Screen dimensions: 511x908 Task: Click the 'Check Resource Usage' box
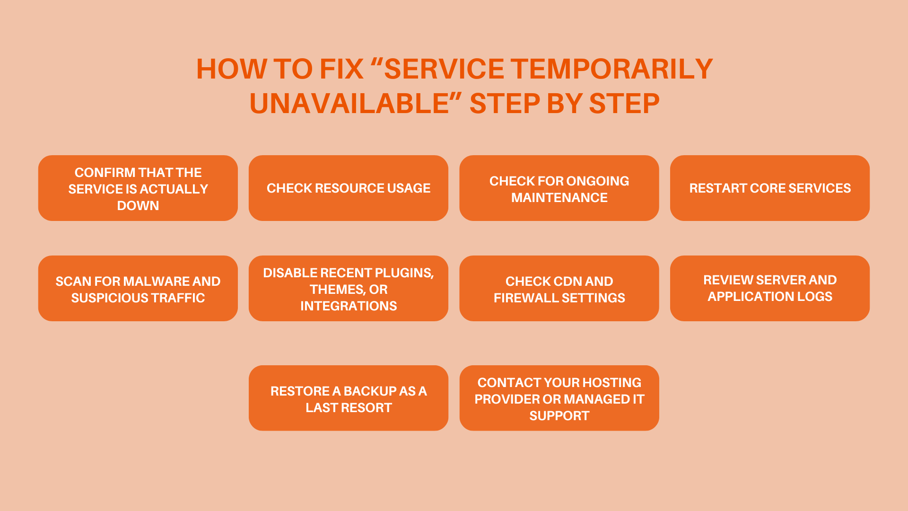[x=349, y=188]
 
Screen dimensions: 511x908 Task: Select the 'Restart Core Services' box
[x=769, y=188]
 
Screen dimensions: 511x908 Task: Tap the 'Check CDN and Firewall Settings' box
[x=559, y=289]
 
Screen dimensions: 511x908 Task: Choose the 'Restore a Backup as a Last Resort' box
[x=349, y=399]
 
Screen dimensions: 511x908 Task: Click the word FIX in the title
[x=341, y=69]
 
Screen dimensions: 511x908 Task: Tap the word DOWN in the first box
[x=138, y=206]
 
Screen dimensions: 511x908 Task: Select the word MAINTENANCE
[x=559, y=198]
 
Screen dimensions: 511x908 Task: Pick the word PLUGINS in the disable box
[x=403, y=273]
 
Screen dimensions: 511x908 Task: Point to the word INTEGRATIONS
[x=349, y=306]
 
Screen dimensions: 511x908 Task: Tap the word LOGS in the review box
[x=814, y=297]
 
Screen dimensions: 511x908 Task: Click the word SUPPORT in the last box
[x=559, y=416]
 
